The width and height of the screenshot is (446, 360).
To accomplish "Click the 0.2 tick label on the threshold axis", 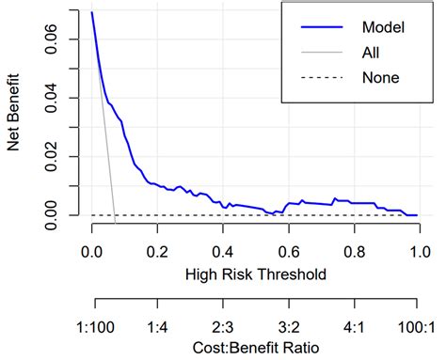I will click(x=157, y=252).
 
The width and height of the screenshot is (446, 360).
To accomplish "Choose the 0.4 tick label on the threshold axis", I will click(x=222, y=252).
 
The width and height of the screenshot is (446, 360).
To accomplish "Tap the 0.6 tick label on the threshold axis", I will click(x=287, y=252).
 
